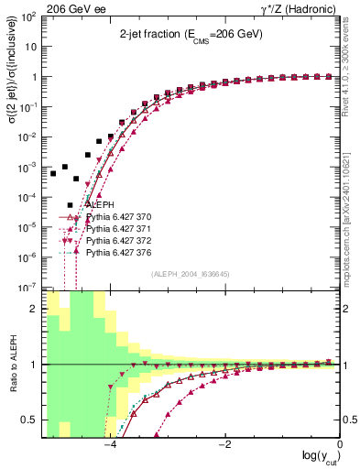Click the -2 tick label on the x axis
tap(224, 445)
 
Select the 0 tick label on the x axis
tap(340, 445)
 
